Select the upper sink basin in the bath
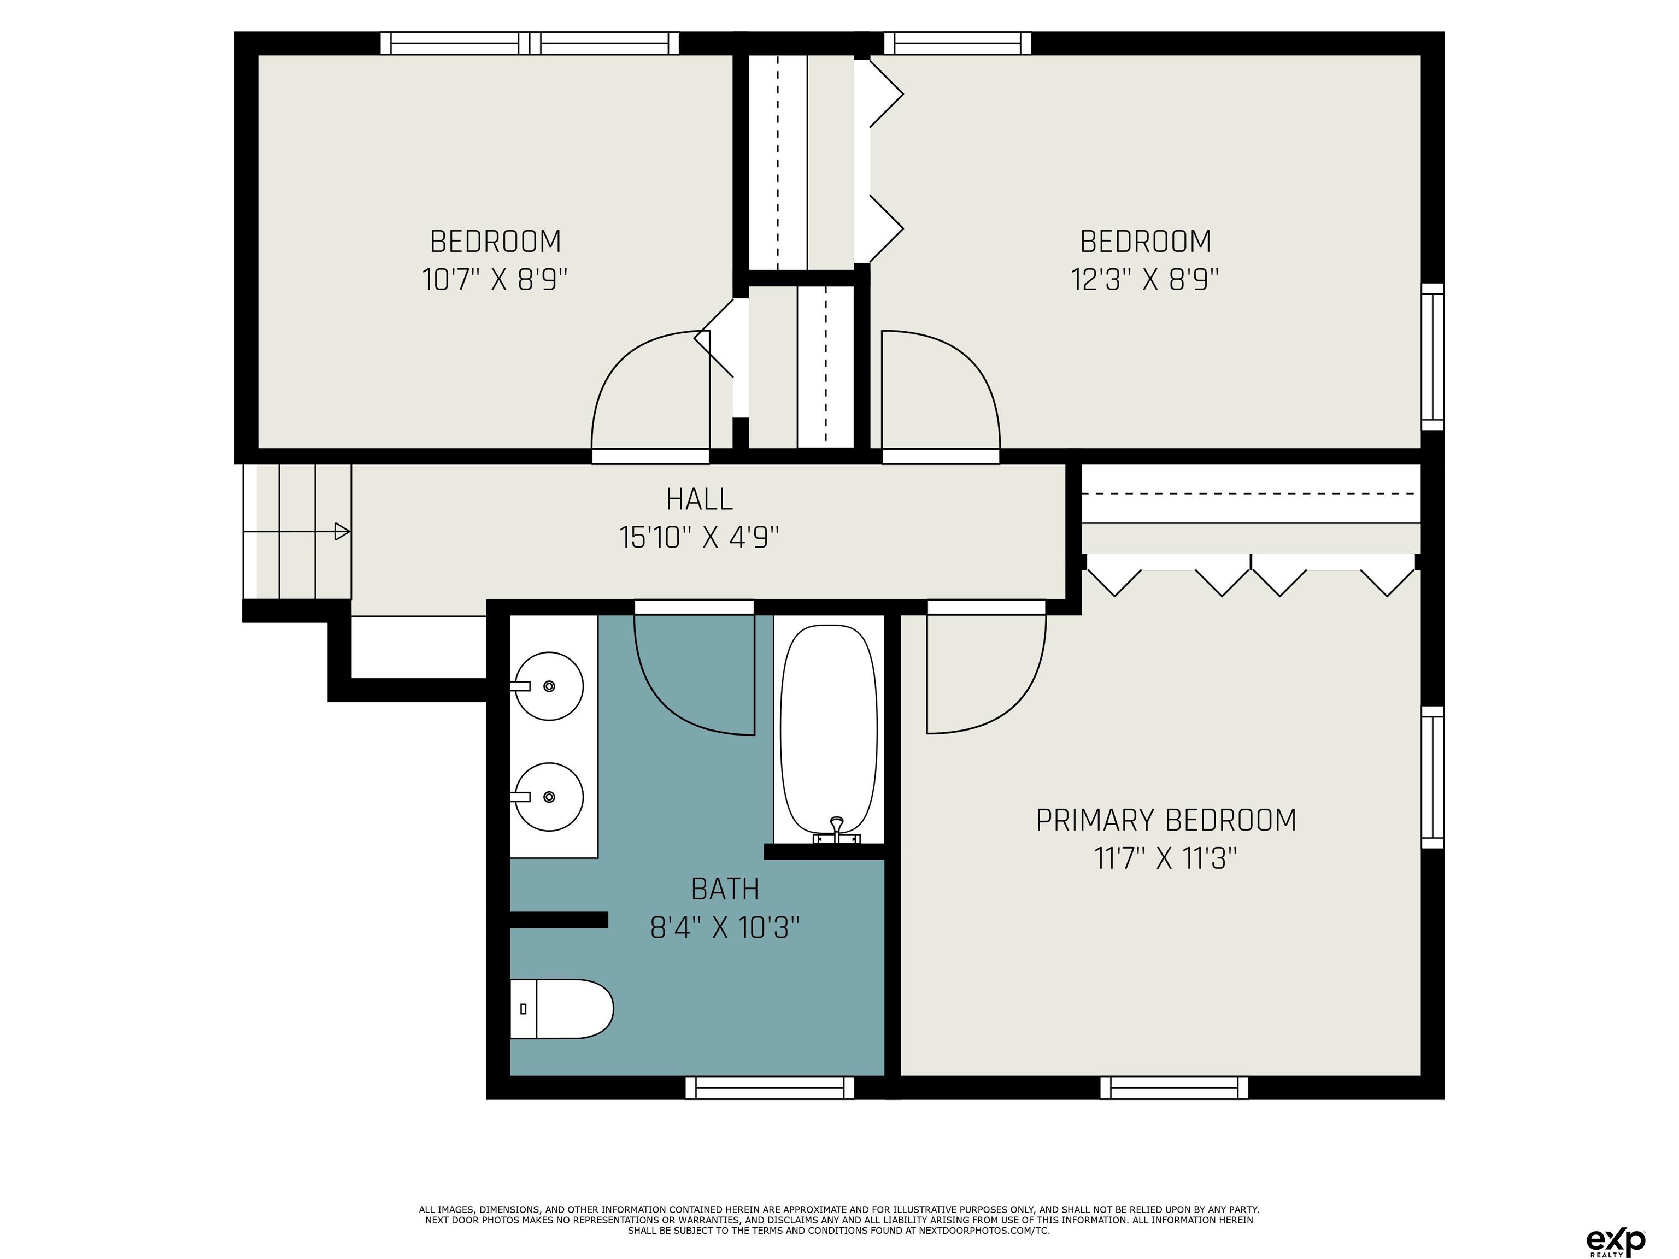549,686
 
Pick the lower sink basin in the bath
549,797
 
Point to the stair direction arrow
297,531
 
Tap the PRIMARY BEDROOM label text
1166,820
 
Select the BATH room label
725,889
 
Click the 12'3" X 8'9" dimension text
1144,280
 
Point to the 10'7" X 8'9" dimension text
495,280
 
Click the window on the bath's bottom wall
770,1087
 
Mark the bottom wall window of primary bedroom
1174,1087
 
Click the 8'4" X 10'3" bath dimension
725,927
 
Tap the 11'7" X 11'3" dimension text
1166,859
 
